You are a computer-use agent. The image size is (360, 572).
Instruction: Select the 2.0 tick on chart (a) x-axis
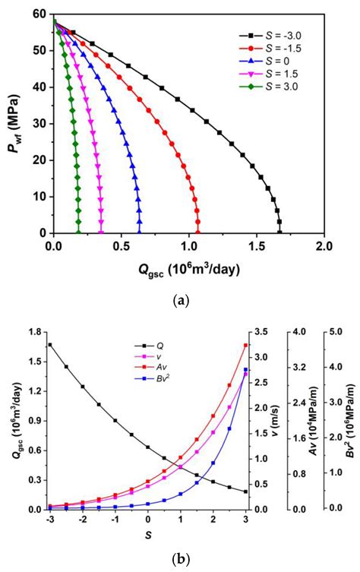pyautogui.click(x=324, y=245)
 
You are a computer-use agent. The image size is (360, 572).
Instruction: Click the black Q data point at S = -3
pyautogui.click(x=50, y=345)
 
